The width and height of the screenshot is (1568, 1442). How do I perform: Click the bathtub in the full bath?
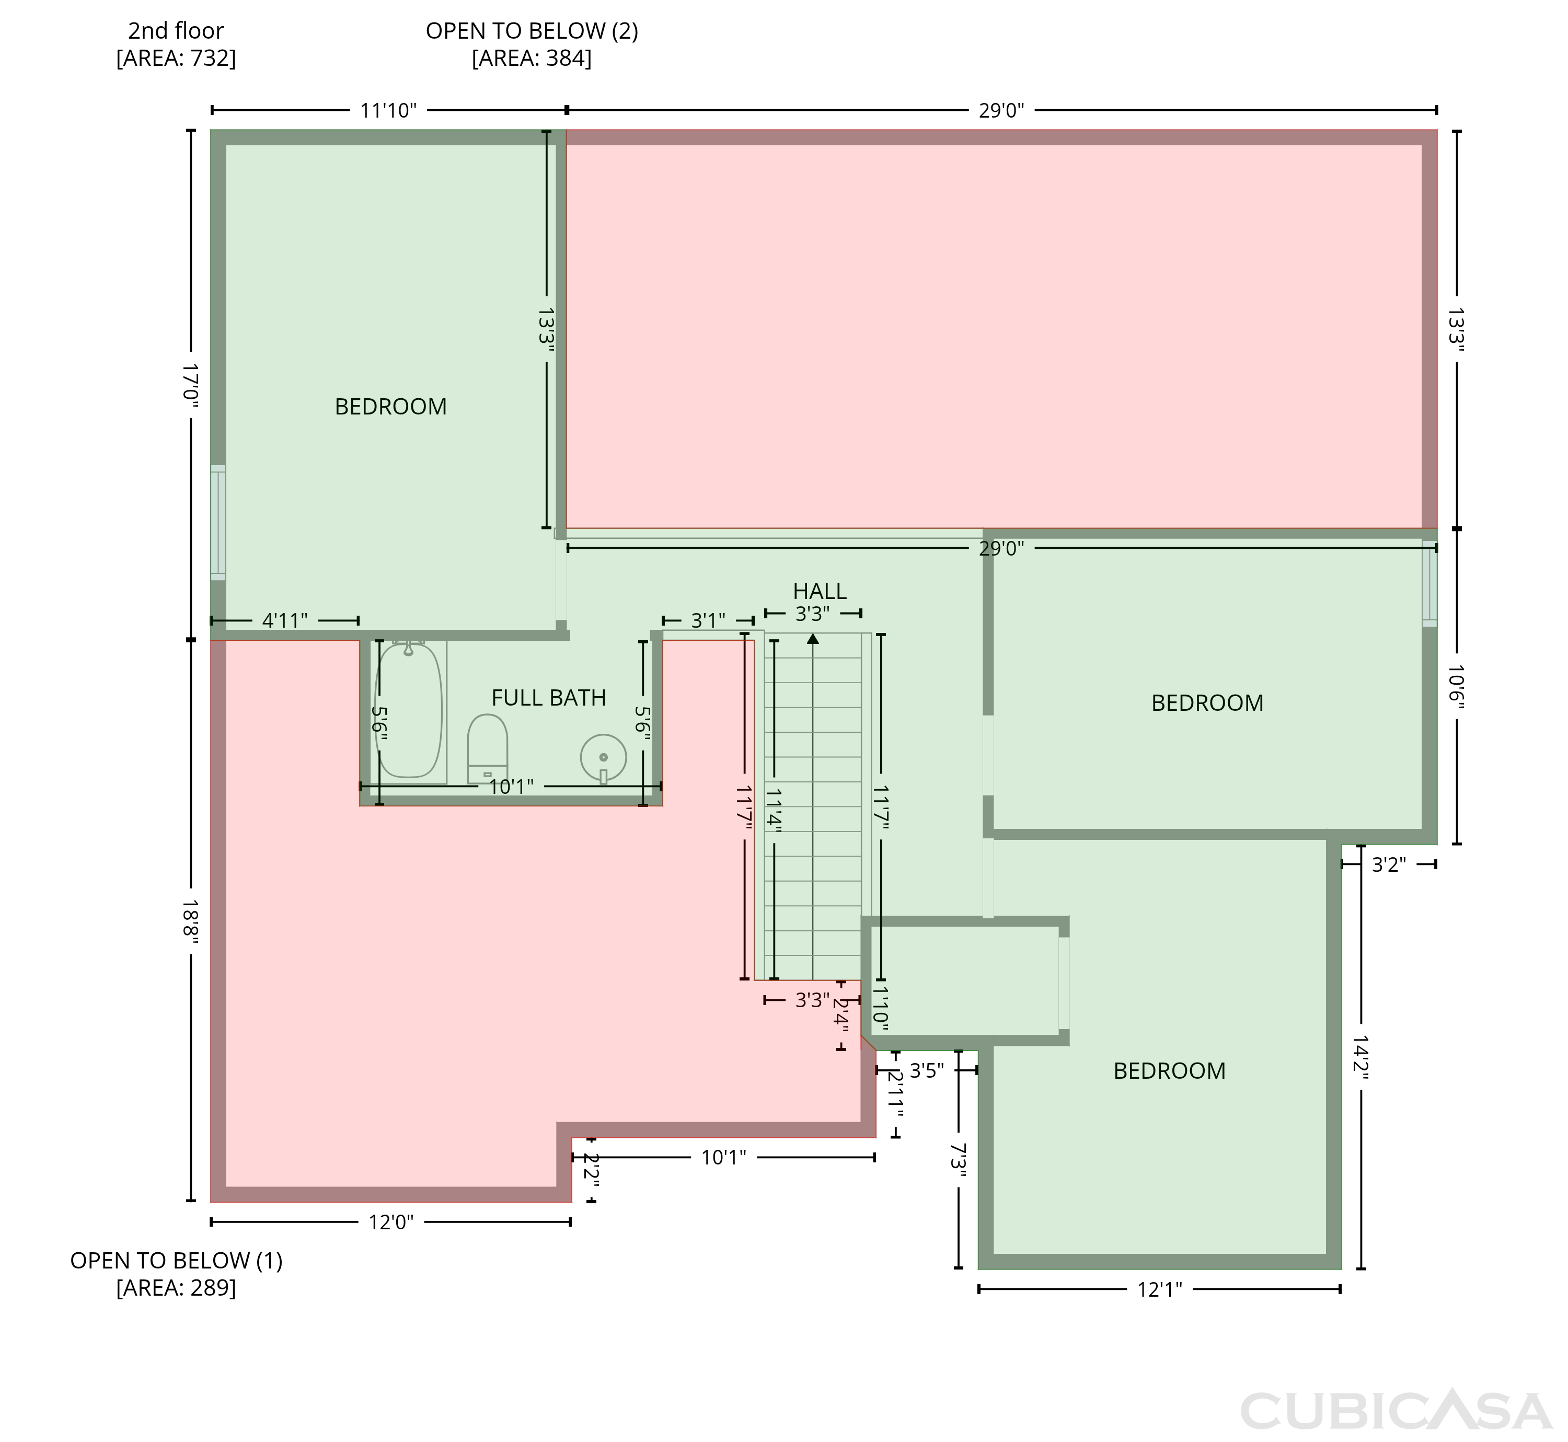coord(409,711)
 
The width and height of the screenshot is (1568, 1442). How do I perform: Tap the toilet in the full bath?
coord(487,748)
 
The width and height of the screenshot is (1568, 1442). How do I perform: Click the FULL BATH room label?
coord(549,698)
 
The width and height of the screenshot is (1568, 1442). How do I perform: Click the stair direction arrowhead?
coord(813,638)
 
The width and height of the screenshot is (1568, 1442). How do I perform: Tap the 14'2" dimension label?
coord(1361,1057)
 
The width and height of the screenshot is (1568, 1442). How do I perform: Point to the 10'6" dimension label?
coord(1456,687)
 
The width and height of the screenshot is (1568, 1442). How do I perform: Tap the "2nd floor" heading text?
coord(176,31)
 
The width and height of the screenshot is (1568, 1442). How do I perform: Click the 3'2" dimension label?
coord(1389,864)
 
